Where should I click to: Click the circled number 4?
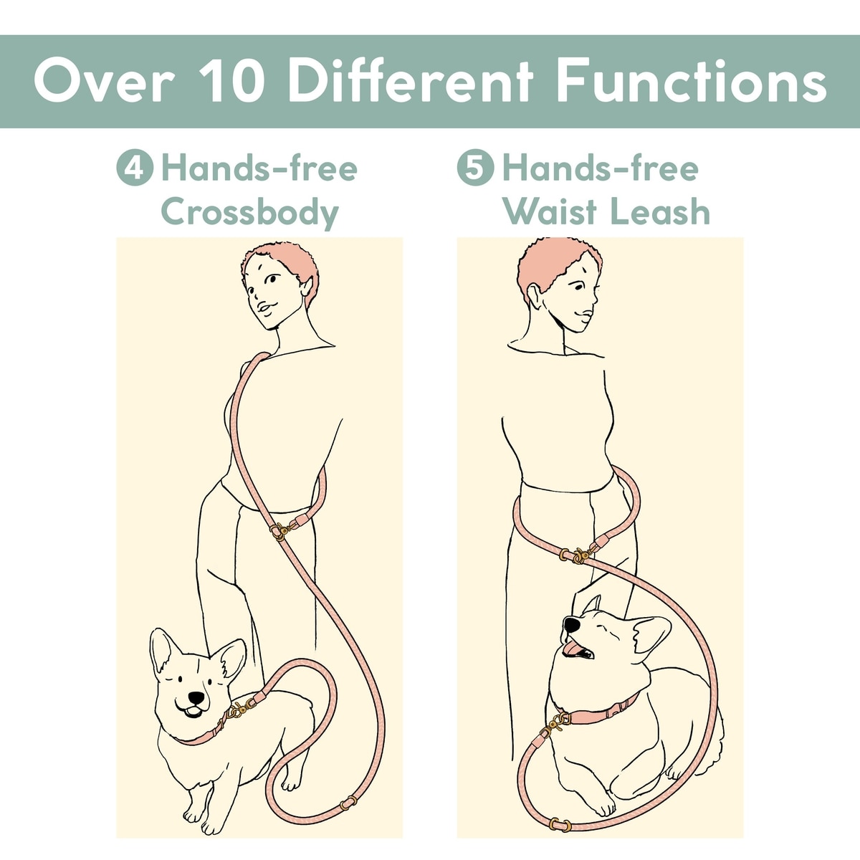[x=135, y=168]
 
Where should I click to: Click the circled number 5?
[x=475, y=168]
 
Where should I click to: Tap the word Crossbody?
[x=250, y=212]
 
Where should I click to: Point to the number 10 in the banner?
[x=232, y=82]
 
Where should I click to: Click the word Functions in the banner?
[x=692, y=82]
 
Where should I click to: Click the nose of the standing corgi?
[x=196, y=697]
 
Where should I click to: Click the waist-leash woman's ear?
[x=534, y=295]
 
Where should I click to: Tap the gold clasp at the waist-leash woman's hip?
[x=578, y=555]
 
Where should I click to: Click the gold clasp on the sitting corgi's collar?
[x=555, y=726]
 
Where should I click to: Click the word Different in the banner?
[x=411, y=82]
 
